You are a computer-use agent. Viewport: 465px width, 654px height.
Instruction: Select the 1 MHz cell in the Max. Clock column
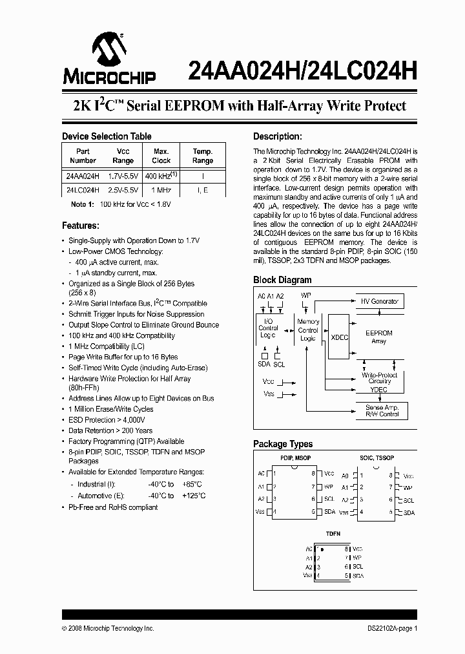pos(161,191)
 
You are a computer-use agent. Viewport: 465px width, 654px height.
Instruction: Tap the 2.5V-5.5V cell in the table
pos(123,191)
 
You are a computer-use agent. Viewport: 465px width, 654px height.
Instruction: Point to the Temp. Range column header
pos(203,156)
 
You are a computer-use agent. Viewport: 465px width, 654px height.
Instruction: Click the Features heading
pos(81,226)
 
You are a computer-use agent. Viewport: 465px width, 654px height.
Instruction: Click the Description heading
pos(278,136)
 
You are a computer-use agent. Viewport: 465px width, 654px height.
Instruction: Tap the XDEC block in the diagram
pos(340,337)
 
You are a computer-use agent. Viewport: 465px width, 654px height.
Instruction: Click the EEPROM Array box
pos(379,337)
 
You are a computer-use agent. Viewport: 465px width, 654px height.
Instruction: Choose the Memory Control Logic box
pos(308,330)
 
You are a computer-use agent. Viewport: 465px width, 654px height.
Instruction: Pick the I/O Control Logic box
pos(268,328)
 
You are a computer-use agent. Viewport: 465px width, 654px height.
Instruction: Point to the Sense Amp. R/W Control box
pos(382,410)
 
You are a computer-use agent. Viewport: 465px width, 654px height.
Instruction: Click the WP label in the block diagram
pos(307,296)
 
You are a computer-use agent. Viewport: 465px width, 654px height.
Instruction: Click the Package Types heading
pos(283,444)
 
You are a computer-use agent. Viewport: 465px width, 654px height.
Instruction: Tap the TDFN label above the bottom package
pos(333,534)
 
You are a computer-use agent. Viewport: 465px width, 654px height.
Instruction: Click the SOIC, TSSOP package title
pos(377,458)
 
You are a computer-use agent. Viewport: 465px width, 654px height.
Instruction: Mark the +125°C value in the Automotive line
pos(193,496)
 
